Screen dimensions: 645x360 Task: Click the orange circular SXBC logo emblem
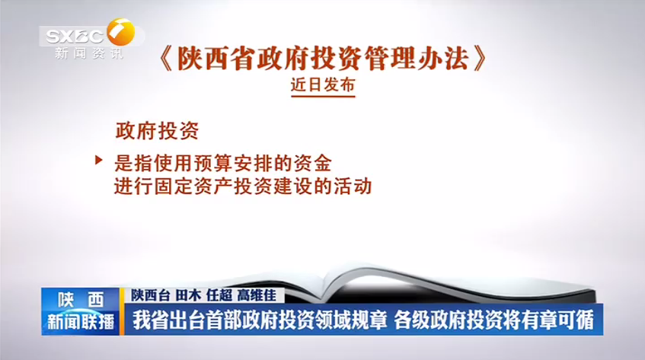(121, 32)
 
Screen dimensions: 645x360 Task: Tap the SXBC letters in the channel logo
(75, 37)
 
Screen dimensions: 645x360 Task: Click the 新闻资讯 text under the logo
(89, 53)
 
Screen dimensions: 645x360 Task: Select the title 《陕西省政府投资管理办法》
(323, 58)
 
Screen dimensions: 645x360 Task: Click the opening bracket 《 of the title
(166, 59)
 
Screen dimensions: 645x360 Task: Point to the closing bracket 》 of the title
(480, 59)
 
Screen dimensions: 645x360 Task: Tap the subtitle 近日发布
(323, 84)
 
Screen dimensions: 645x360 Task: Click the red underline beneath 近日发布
(323, 97)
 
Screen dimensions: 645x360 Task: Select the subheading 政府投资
(157, 131)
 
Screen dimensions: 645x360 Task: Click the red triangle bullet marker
(99, 160)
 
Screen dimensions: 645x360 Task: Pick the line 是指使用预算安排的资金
(223, 163)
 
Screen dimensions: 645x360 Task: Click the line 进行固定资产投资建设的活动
(243, 186)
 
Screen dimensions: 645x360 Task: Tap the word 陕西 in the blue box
(81, 300)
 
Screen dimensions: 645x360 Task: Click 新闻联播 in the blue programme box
(81, 321)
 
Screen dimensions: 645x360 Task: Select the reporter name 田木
(188, 295)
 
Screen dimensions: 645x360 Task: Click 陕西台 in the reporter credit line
(151, 295)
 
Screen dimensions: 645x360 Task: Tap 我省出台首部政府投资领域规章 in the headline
(260, 320)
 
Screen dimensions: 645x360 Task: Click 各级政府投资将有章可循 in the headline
(494, 320)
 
